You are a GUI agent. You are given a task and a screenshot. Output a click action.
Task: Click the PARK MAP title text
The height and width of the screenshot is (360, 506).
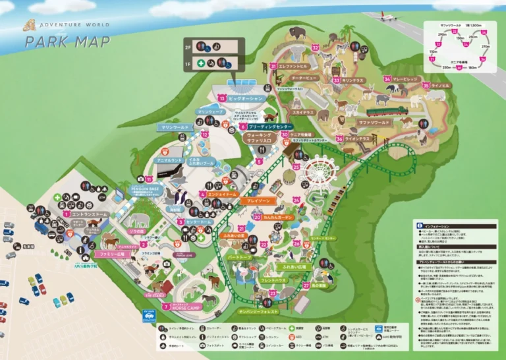coord(68,42)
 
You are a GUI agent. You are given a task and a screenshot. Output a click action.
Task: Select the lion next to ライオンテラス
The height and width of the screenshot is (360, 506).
coord(341,122)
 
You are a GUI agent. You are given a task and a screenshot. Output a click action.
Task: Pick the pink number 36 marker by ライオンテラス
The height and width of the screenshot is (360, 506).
coord(339,139)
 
